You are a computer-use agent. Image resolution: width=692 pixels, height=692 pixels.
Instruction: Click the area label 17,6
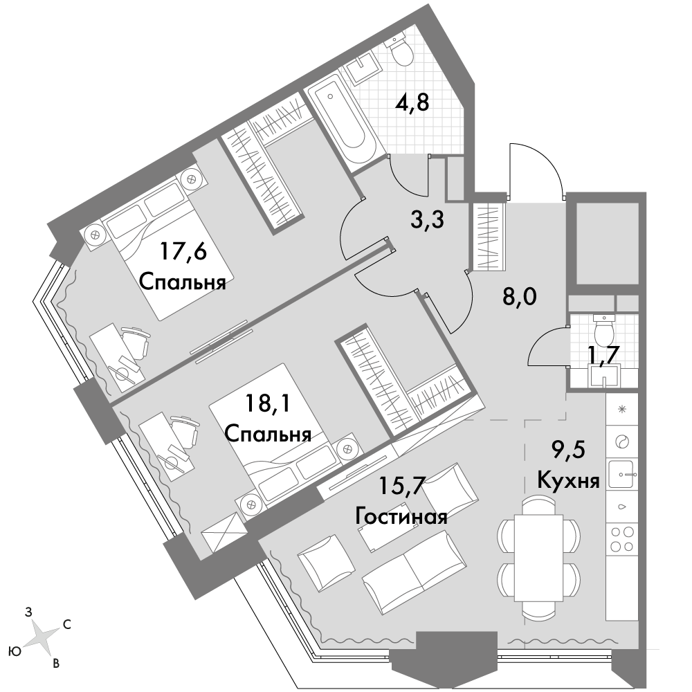tap(183, 253)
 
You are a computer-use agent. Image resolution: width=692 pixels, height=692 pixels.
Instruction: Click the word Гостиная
tap(401, 516)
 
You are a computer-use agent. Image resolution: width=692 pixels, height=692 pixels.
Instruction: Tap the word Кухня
tap(568, 480)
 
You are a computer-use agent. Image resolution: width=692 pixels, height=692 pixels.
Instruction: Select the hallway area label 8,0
tap(520, 298)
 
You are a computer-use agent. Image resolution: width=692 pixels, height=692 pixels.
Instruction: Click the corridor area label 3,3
tap(427, 220)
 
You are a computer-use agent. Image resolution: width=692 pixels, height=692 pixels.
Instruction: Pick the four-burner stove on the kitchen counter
tap(622, 539)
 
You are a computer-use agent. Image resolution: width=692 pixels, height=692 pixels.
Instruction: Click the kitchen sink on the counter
tap(622, 475)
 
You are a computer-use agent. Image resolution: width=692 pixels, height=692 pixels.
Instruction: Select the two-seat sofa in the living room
tap(415, 572)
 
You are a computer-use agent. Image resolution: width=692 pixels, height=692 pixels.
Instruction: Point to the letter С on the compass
tap(68, 624)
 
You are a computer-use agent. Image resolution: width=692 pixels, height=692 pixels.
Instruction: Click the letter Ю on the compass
tap(15, 651)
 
